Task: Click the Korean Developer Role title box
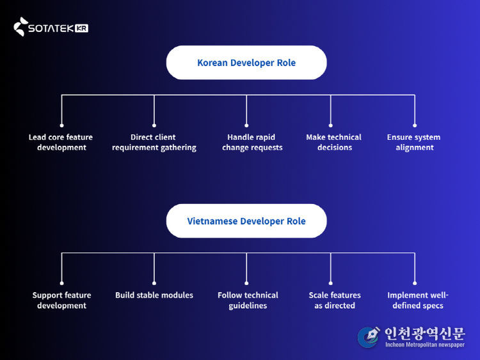(246, 63)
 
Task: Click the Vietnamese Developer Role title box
(246, 221)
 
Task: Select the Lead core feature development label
(61, 142)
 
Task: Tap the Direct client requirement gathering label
(154, 142)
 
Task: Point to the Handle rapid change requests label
(252, 142)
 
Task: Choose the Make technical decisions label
(334, 142)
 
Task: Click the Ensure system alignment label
(414, 142)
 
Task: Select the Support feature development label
(61, 300)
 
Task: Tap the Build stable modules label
(154, 295)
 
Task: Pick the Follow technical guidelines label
(248, 300)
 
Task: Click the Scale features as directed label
(335, 300)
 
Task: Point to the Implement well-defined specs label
(418, 300)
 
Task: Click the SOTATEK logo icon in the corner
(21, 26)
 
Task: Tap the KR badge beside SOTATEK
(81, 28)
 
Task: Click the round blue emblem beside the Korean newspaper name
(369, 337)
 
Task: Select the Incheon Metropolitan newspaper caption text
(424, 345)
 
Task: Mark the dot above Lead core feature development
(61, 125)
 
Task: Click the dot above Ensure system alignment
(415, 125)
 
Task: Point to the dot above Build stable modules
(154, 283)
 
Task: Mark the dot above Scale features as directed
(331, 283)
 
